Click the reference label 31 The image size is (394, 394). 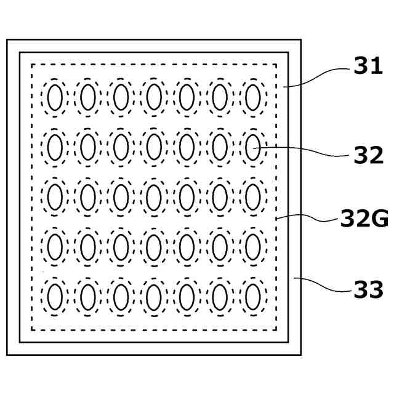[368, 66]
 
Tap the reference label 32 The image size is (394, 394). [368, 156]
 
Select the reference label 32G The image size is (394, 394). [364, 218]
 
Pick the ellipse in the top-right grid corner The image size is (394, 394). [252, 97]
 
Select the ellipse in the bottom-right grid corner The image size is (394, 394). [252, 296]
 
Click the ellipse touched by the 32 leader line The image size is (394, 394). [252, 147]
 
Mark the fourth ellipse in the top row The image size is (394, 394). [154, 97]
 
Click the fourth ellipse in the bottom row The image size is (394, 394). [154, 296]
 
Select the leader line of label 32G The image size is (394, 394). [311, 217]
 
